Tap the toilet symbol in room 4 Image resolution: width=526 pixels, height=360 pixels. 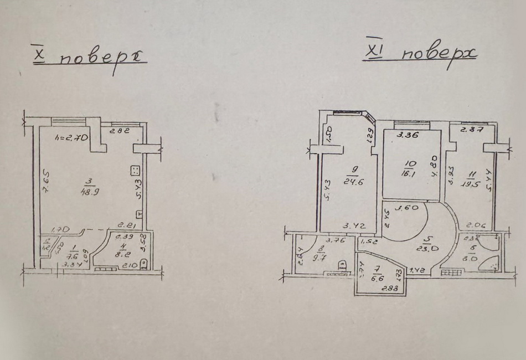coord(144,264)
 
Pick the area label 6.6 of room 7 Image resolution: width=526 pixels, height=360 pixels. coord(378,279)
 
